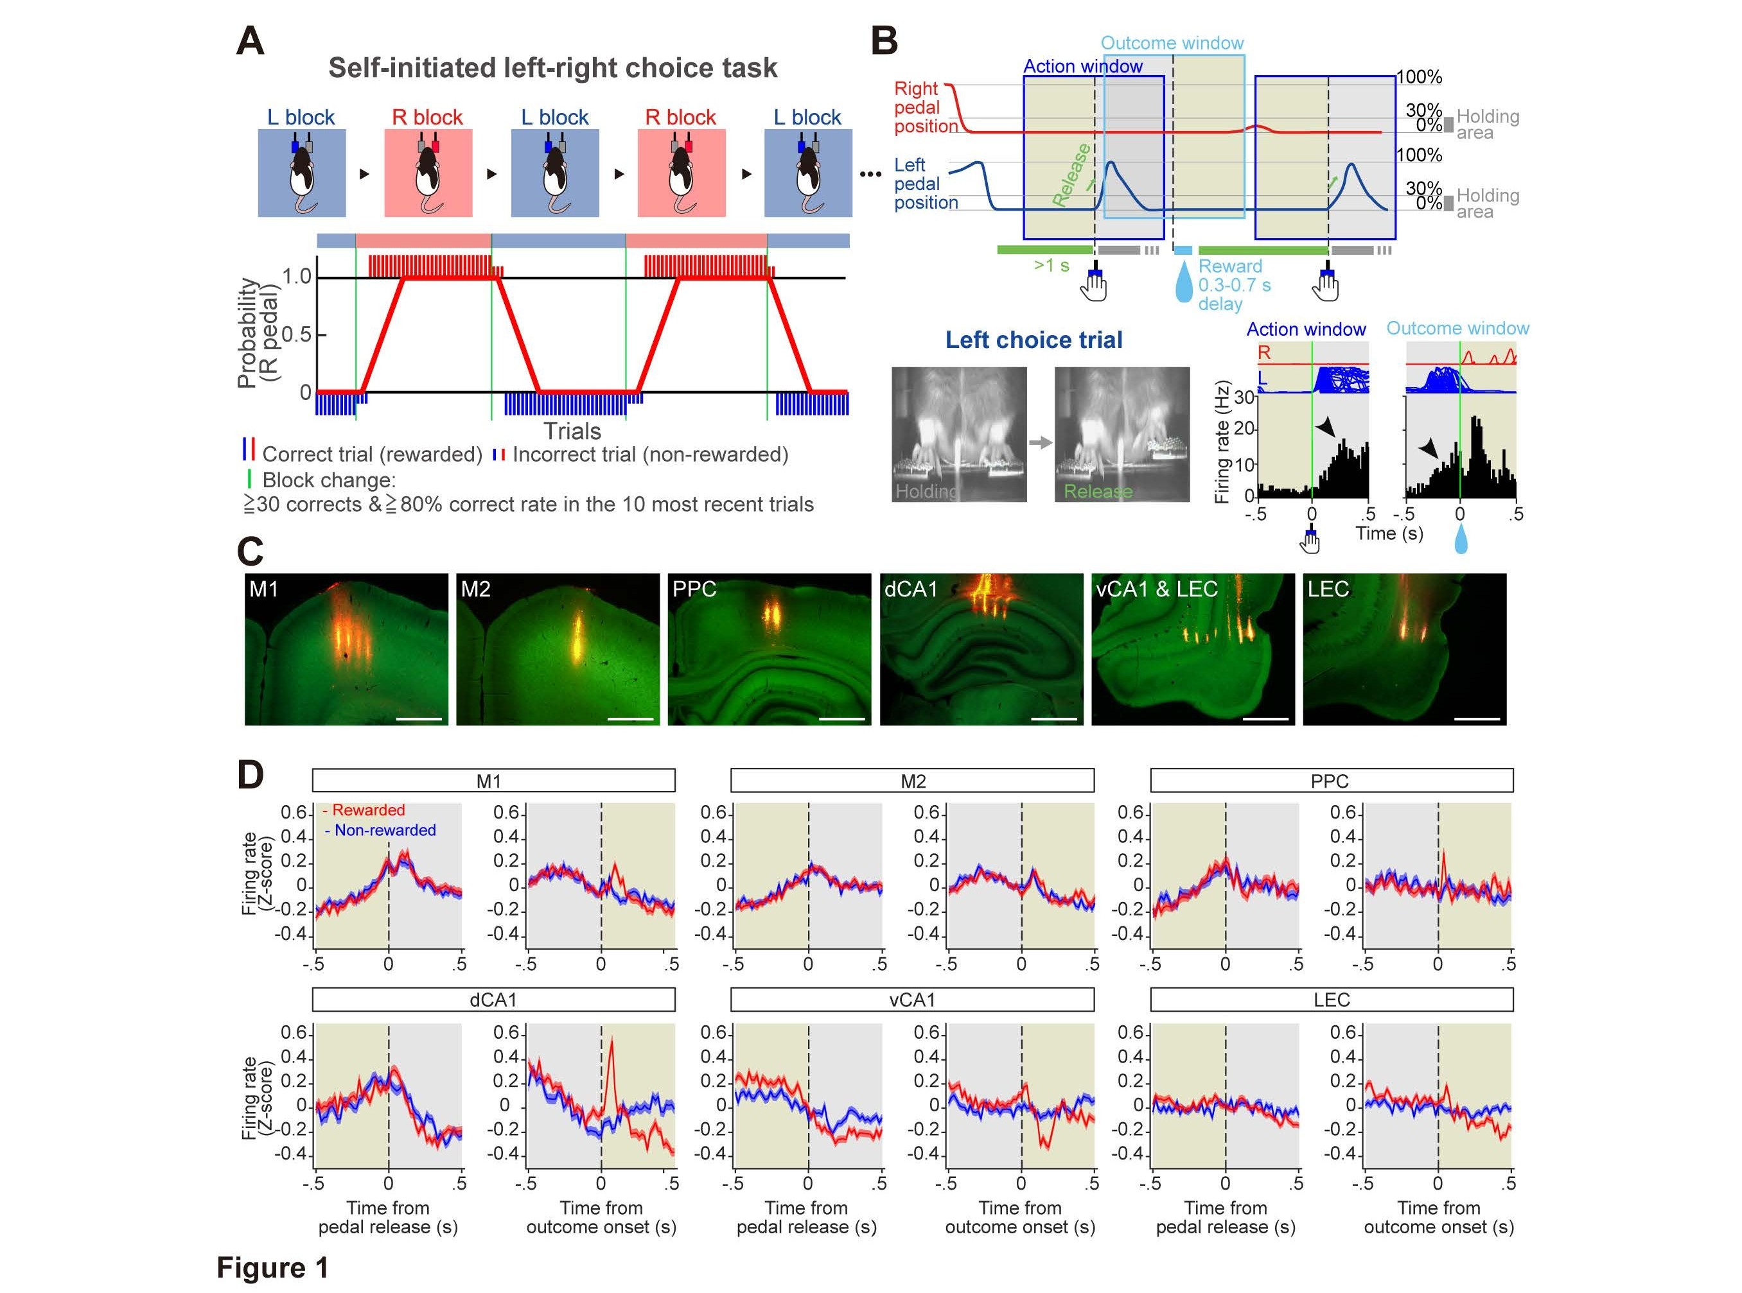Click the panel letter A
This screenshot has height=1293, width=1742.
click(x=251, y=40)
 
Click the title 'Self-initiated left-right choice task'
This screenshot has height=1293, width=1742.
click(x=553, y=68)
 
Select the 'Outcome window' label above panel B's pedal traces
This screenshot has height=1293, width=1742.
click(x=1172, y=43)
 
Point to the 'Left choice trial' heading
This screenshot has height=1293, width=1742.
click(x=1034, y=340)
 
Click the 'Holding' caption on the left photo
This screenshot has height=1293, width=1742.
click(x=926, y=492)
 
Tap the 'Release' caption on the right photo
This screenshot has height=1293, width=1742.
click(x=1098, y=492)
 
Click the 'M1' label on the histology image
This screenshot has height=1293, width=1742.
click(x=264, y=589)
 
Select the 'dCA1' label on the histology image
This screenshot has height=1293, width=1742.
click(x=911, y=589)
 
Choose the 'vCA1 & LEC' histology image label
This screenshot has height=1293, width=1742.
click(x=1156, y=589)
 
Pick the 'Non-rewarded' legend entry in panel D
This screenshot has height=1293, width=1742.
click(x=384, y=830)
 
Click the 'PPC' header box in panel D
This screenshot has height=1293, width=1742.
click(x=1331, y=781)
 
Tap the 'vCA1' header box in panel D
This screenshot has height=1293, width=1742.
click(x=912, y=1000)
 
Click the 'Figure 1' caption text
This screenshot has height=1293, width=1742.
click(x=272, y=1268)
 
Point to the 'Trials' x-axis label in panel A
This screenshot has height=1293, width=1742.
click(x=572, y=431)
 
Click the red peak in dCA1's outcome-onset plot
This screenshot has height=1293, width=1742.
click(x=611, y=1041)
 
